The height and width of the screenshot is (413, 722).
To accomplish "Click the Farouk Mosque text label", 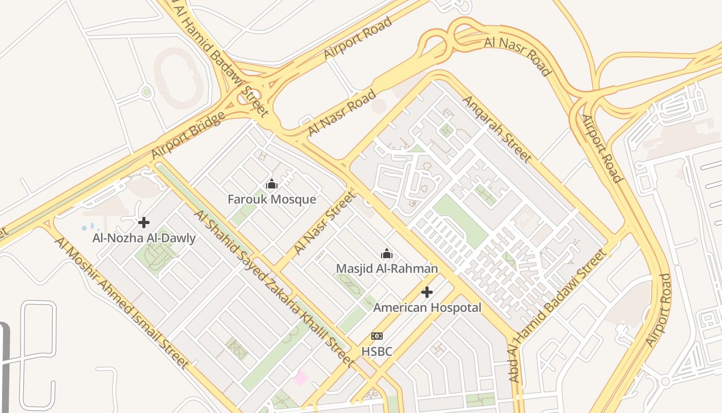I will coord(272,199).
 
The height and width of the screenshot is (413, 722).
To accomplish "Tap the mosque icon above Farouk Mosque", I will coord(272,184).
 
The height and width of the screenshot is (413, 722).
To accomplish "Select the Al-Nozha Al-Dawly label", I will coord(144,238).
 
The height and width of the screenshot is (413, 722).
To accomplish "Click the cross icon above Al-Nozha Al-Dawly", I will coord(144,223).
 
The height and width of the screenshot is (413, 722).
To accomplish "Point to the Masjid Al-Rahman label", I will coord(387,268).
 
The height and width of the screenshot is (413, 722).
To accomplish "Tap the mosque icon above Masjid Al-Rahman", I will coord(387,253).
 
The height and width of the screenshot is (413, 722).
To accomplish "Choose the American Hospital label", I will coord(427,308).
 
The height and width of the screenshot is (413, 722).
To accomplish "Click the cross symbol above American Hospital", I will coord(427,292).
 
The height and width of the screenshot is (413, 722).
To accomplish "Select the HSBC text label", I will coord(376,352).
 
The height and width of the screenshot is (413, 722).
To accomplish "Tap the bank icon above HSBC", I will coord(377,336).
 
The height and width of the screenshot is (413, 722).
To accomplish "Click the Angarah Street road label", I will coord(497,128).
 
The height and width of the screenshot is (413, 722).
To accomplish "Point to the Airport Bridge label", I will coord(188,135).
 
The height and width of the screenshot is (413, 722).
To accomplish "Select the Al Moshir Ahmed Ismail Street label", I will coord(122,303).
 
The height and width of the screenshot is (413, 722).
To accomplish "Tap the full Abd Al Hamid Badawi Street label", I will coord(559,315).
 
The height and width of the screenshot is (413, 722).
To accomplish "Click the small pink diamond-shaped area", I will coord(300,378).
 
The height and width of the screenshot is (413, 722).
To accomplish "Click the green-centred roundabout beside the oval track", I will coord(146,92).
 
